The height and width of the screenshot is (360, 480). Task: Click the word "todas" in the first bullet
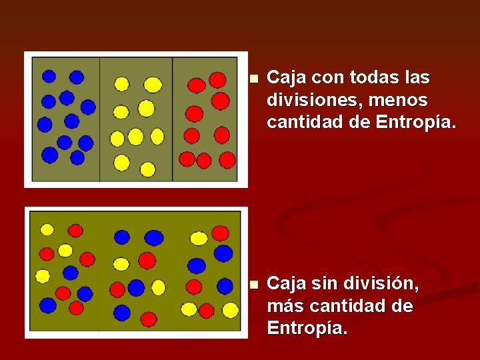pyautogui.click(x=361, y=78)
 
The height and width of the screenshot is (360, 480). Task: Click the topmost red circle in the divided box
pyautogui.click(x=217, y=80)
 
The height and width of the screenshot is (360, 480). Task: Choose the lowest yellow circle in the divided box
pyautogui.click(x=147, y=169)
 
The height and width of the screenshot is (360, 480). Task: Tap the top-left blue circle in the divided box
pyautogui.click(x=49, y=76)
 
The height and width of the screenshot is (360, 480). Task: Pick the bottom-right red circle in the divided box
pyautogui.click(x=227, y=160)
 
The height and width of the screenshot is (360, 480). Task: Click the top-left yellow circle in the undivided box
pyautogui.click(x=47, y=229)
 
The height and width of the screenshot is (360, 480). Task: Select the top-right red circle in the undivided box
pyautogui.click(x=220, y=233)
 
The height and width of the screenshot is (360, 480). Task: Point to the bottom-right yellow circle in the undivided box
pyautogui.click(x=230, y=310)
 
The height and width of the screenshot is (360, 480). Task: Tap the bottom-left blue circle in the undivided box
pyautogui.click(x=48, y=305)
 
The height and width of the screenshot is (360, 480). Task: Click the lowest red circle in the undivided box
pyautogui.click(x=149, y=319)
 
